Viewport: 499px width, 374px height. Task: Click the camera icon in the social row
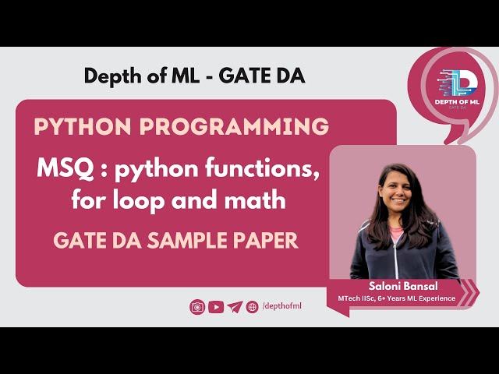tap(197, 307)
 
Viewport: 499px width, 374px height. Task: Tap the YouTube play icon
tap(216, 307)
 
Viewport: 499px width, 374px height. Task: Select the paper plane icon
tap(235, 307)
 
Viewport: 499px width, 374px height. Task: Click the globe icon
tap(252, 307)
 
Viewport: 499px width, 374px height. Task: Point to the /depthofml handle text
tap(282, 306)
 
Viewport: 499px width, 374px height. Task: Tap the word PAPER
tap(267, 241)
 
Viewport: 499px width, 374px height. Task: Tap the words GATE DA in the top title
tap(264, 76)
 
